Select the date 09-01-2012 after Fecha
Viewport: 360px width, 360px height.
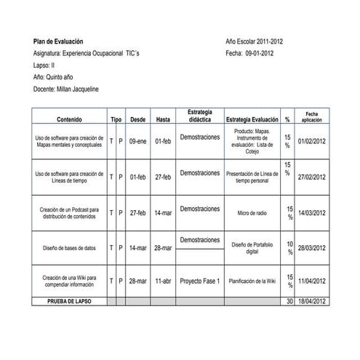(260, 52)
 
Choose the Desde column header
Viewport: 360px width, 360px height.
(137, 119)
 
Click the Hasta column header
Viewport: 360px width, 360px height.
(163, 119)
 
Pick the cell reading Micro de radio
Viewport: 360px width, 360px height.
(252, 213)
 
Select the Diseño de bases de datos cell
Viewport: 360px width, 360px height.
(69, 248)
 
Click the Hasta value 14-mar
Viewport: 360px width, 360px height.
(163, 213)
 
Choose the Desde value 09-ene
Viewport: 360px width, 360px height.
(137, 141)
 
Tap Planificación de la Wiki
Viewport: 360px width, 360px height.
(252, 281)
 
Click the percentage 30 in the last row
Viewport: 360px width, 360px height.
(289, 300)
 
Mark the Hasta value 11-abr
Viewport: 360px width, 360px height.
(163, 281)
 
